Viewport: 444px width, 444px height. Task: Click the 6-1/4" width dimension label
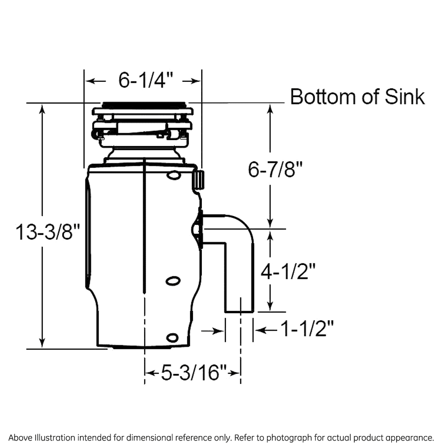(x=143, y=80)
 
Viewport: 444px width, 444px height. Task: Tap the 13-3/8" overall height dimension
(x=47, y=231)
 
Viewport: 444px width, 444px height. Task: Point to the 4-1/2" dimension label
(x=288, y=271)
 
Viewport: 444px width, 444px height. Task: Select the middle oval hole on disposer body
(x=173, y=281)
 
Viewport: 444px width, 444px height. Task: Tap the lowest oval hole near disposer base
(x=172, y=337)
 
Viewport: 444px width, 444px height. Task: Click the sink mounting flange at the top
(x=143, y=105)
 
